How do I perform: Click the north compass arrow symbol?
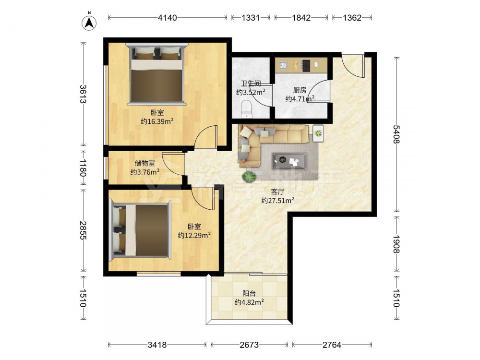(x=89, y=23)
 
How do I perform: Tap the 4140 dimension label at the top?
(x=167, y=18)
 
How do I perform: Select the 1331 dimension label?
(x=251, y=18)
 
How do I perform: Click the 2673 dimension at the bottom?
(x=249, y=345)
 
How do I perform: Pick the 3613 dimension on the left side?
(x=83, y=94)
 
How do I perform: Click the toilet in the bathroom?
(x=246, y=109)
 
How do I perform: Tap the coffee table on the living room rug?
(x=290, y=160)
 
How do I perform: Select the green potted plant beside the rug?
(x=249, y=177)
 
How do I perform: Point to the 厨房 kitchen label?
(x=300, y=90)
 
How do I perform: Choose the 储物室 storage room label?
(x=145, y=164)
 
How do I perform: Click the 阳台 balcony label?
(x=249, y=294)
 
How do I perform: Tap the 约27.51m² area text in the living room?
(x=277, y=201)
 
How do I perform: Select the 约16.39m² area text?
(x=157, y=121)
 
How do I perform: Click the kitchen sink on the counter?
(x=283, y=65)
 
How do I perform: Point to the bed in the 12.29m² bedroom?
(x=141, y=230)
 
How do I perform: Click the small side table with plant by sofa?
(x=318, y=133)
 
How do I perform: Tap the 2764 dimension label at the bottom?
(x=332, y=345)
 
